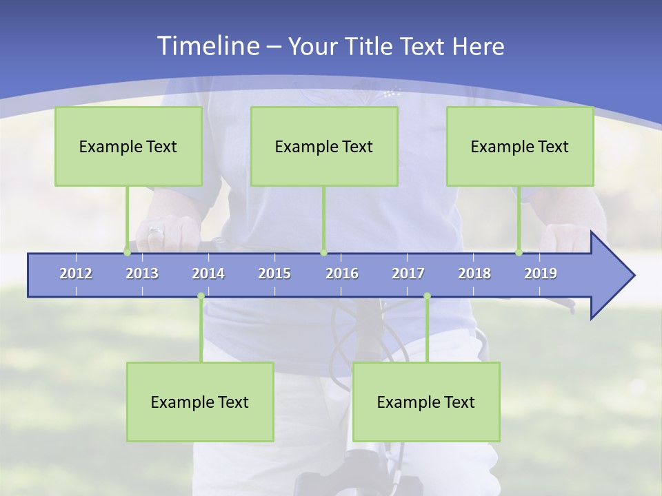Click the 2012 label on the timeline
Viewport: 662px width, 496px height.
pyautogui.click(x=76, y=273)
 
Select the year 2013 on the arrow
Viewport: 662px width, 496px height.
pyautogui.click(x=142, y=273)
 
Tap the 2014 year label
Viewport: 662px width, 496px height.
pyautogui.click(x=208, y=273)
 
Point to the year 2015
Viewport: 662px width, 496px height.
pyautogui.click(x=274, y=273)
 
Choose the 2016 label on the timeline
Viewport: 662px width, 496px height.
pyautogui.click(x=342, y=273)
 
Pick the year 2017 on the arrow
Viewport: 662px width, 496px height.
pyautogui.click(x=408, y=273)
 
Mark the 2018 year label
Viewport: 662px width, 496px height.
pyautogui.click(x=474, y=273)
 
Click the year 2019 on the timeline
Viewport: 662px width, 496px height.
pyautogui.click(x=541, y=273)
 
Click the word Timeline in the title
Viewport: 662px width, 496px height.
pyautogui.click(x=207, y=46)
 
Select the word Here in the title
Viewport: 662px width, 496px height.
pyautogui.click(x=478, y=47)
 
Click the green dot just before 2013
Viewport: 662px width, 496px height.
pyautogui.click(x=127, y=253)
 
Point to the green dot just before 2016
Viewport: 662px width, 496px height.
pyautogui.click(x=323, y=253)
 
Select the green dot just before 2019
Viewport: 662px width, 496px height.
pyautogui.click(x=519, y=253)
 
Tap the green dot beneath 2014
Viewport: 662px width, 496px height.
pyautogui.click(x=201, y=296)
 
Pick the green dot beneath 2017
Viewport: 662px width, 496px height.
pyautogui.click(x=427, y=296)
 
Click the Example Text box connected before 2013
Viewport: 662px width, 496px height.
pyautogui.click(x=128, y=146)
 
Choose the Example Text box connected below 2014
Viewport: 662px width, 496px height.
pyautogui.click(x=200, y=402)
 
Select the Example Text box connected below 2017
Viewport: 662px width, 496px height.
pyautogui.click(x=426, y=402)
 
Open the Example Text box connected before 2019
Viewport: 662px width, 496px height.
pyautogui.click(x=520, y=146)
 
